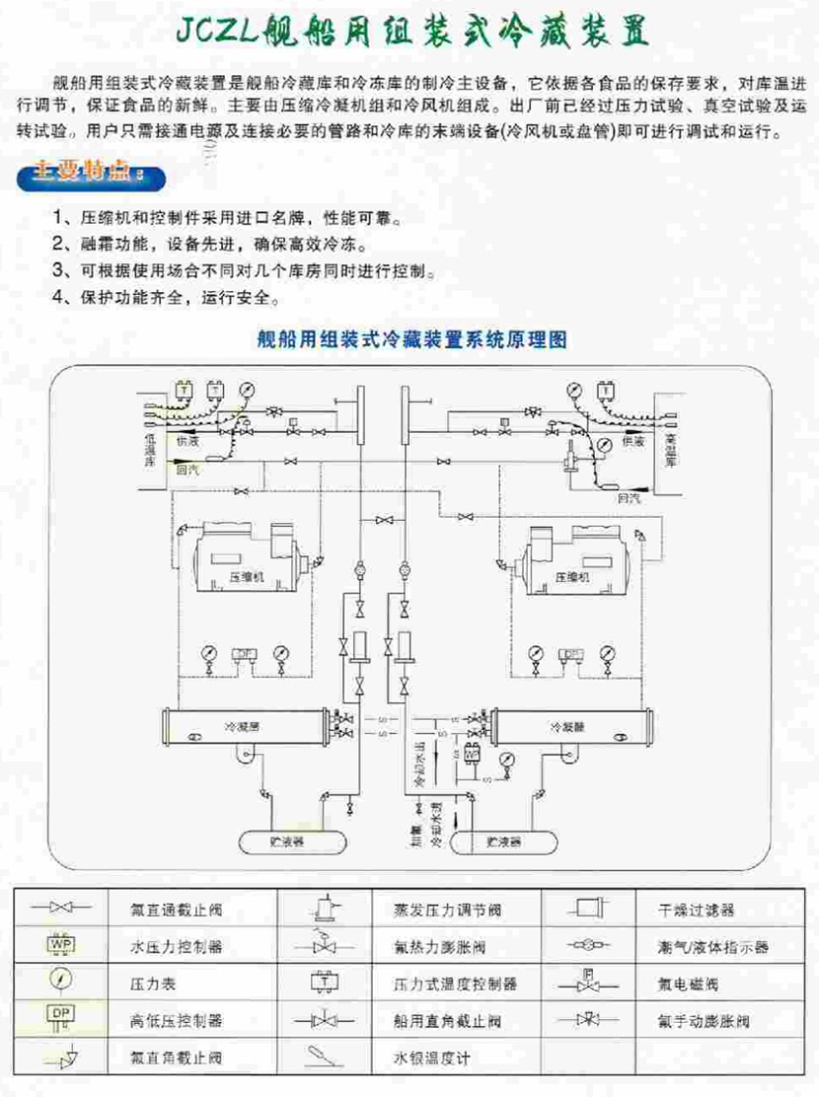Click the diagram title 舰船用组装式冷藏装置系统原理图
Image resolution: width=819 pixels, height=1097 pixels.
coord(409,339)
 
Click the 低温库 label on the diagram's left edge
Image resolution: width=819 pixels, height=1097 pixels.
coord(150,449)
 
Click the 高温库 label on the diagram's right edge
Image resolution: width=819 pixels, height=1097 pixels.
coord(670,449)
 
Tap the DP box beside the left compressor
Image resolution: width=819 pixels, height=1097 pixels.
coord(241,653)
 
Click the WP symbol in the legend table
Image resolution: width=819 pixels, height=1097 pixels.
coord(61,944)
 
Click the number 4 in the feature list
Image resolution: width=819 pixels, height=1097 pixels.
coord(59,295)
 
